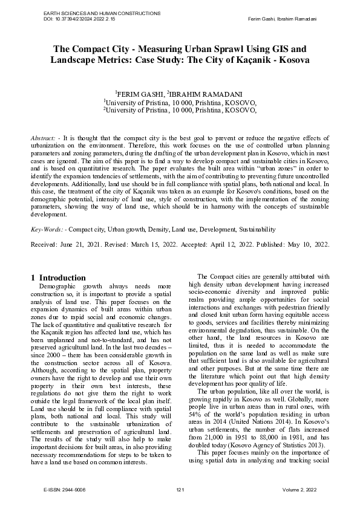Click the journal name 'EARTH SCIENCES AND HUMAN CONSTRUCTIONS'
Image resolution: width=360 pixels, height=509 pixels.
(92, 13)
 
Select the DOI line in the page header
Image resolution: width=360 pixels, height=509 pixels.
(79, 19)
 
